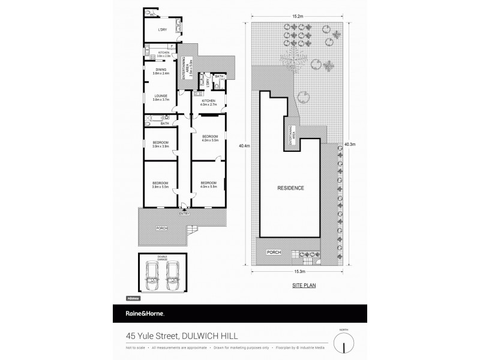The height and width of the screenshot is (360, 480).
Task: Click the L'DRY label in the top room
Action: [161, 30]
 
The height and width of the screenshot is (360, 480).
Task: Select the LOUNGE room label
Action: [161, 96]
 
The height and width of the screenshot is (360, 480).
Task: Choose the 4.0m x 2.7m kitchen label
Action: [208, 103]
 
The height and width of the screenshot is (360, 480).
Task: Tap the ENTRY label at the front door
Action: [184, 214]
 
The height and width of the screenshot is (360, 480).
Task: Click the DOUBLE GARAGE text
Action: [161, 258]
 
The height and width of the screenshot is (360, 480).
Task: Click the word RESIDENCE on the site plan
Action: [290, 188]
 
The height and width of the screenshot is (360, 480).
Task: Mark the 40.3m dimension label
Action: [350, 145]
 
